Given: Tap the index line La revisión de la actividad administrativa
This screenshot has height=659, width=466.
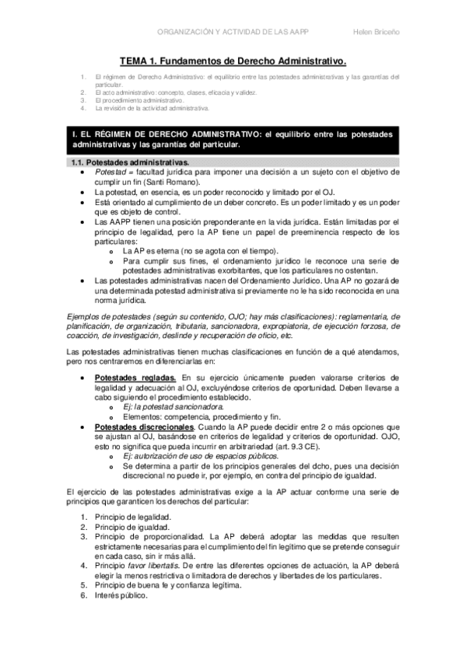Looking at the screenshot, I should [152, 108].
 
